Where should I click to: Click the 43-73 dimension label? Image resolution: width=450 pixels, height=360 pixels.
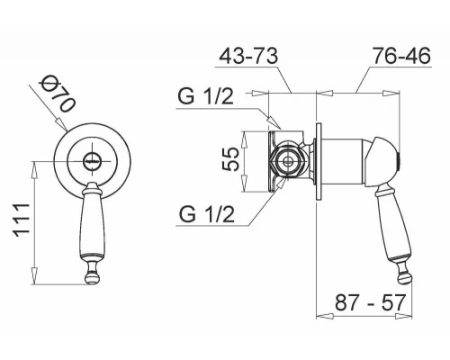(x=248, y=56)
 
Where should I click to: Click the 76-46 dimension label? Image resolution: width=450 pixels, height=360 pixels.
(x=401, y=56)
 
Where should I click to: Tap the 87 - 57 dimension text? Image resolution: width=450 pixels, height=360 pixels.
(x=370, y=302)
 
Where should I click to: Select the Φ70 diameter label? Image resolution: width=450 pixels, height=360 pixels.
(x=58, y=94)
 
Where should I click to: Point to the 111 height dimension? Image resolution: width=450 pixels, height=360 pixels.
(x=22, y=220)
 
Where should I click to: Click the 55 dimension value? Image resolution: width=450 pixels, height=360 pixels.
(x=230, y=159)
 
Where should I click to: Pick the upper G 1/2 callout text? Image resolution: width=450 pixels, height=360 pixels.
(x=205, y=96)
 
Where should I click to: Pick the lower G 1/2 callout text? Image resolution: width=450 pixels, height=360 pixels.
(x=207, y=214)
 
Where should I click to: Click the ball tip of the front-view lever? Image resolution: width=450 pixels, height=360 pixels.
(x=93, y=277)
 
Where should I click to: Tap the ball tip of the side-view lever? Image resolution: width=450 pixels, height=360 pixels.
(x=405, y=277)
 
